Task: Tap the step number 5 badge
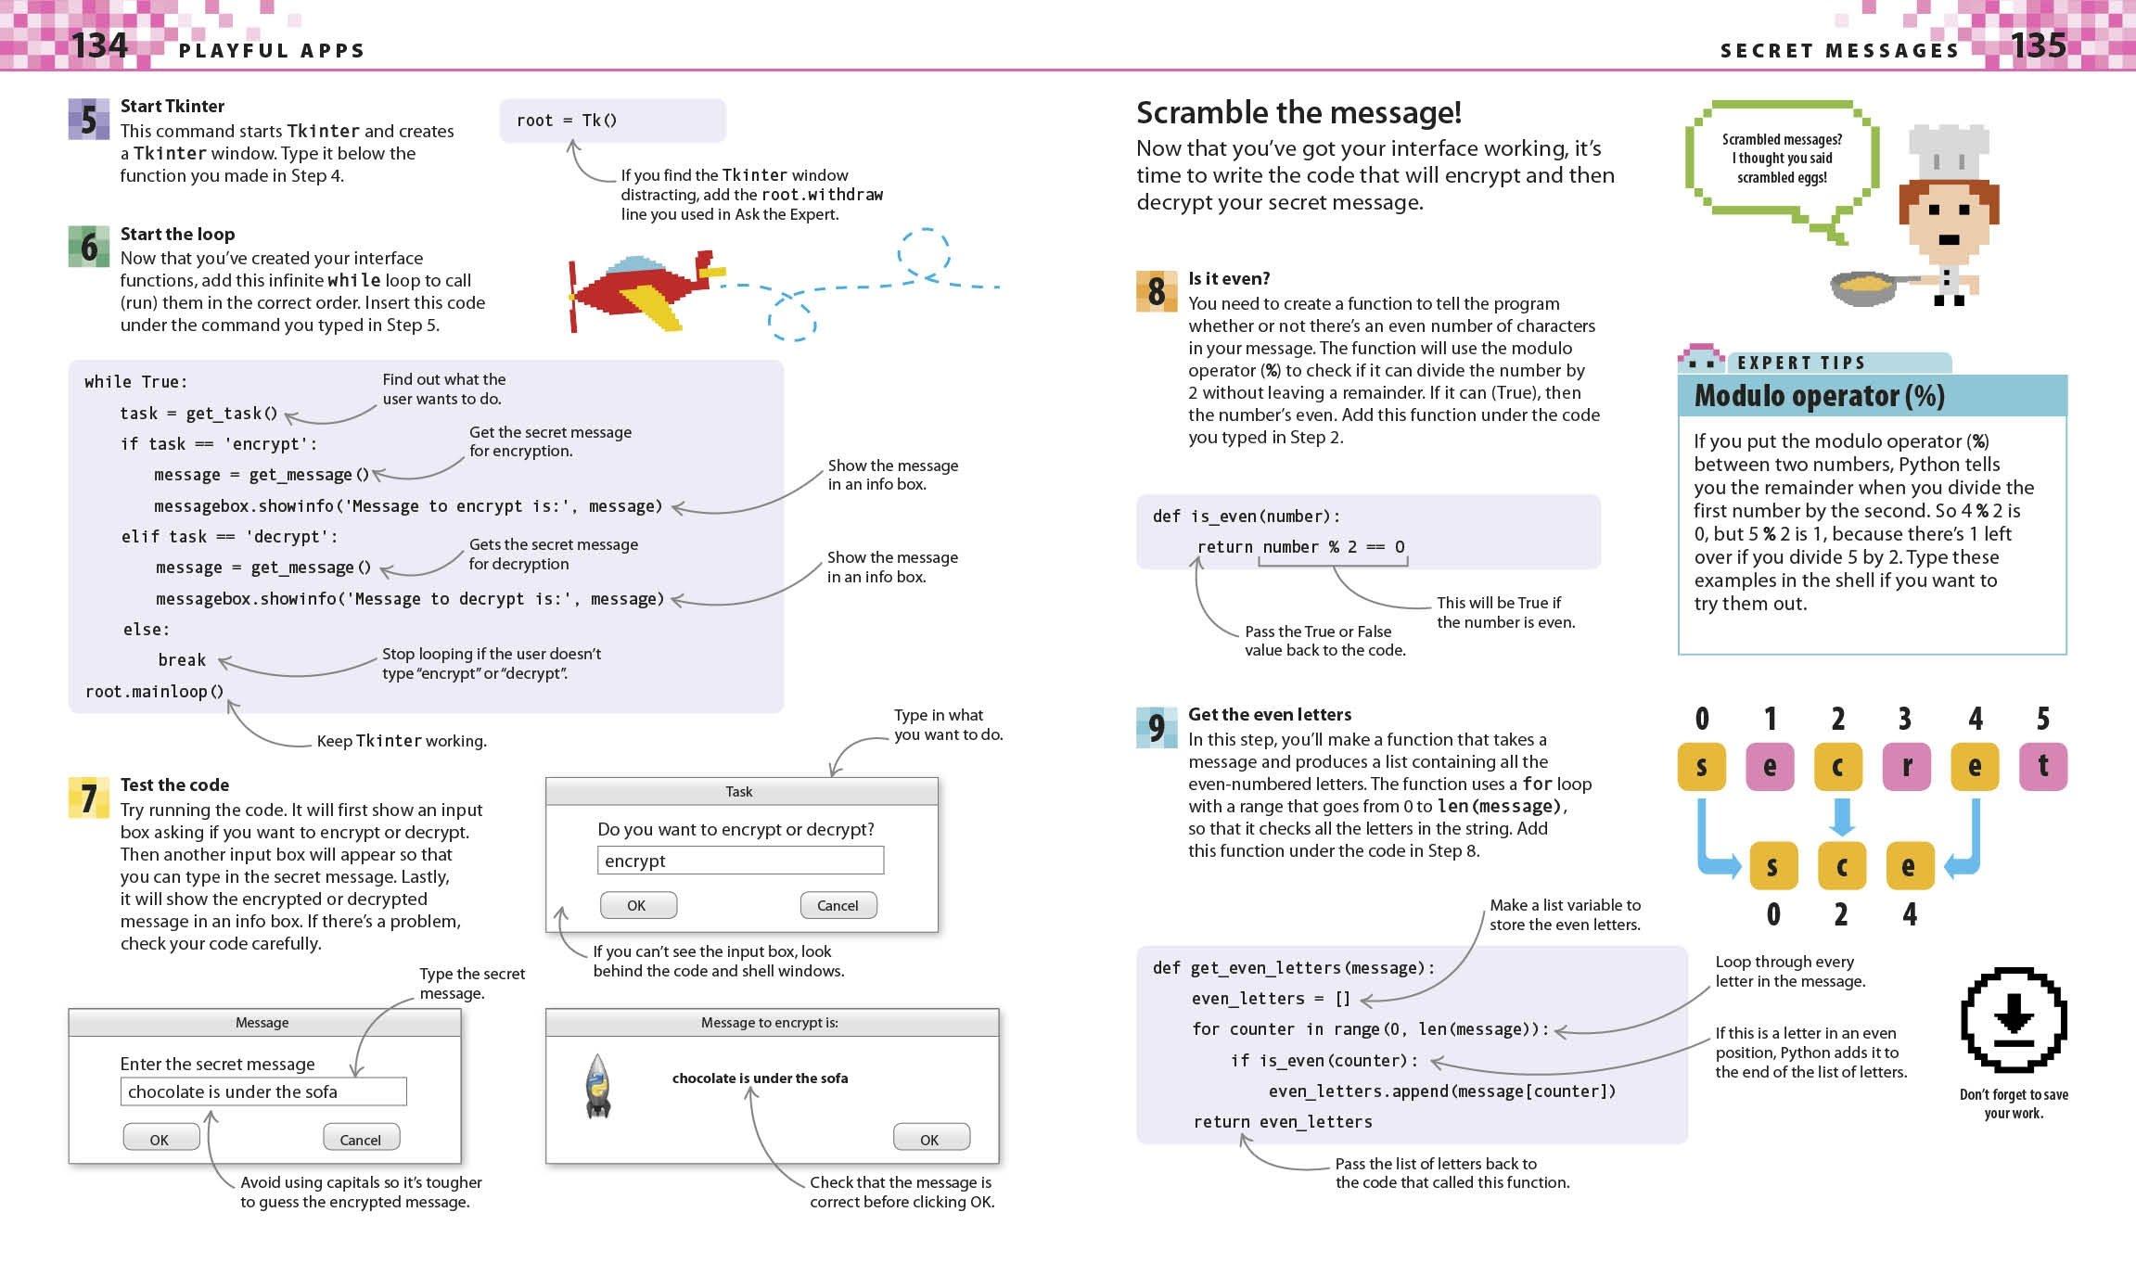(x=88, y=120)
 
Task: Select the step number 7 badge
(x=88, y=797)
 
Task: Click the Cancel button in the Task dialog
(x=838, y=905)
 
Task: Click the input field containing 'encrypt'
(x=739, y=861)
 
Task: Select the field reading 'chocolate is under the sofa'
(x=262, y=1091)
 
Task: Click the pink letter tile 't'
(x=2042, y=767)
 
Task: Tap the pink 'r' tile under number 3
(x=1906, y=767)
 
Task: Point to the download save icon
(x=2013, y=1021)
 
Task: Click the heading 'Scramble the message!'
(x=1298, y=113)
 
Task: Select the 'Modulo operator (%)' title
(x=1819, y=396)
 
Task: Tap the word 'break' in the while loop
(x=181, y=660)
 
